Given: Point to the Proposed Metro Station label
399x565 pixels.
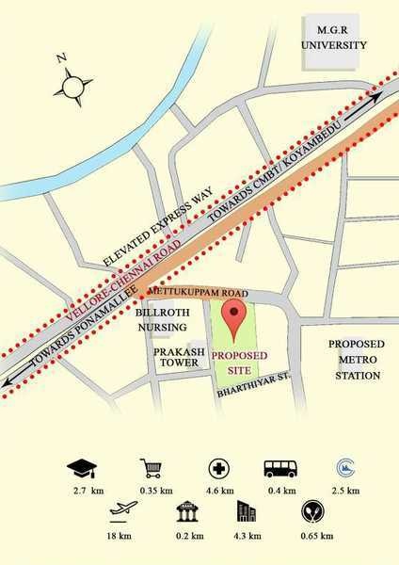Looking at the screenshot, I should tap(354, 360).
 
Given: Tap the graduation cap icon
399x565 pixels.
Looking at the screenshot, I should tap(80, 468).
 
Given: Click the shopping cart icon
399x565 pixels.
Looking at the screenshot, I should tap(151, 468).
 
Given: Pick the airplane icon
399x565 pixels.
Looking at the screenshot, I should tap(119, 512).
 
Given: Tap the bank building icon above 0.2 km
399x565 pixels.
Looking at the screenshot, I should tap(186, 512).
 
